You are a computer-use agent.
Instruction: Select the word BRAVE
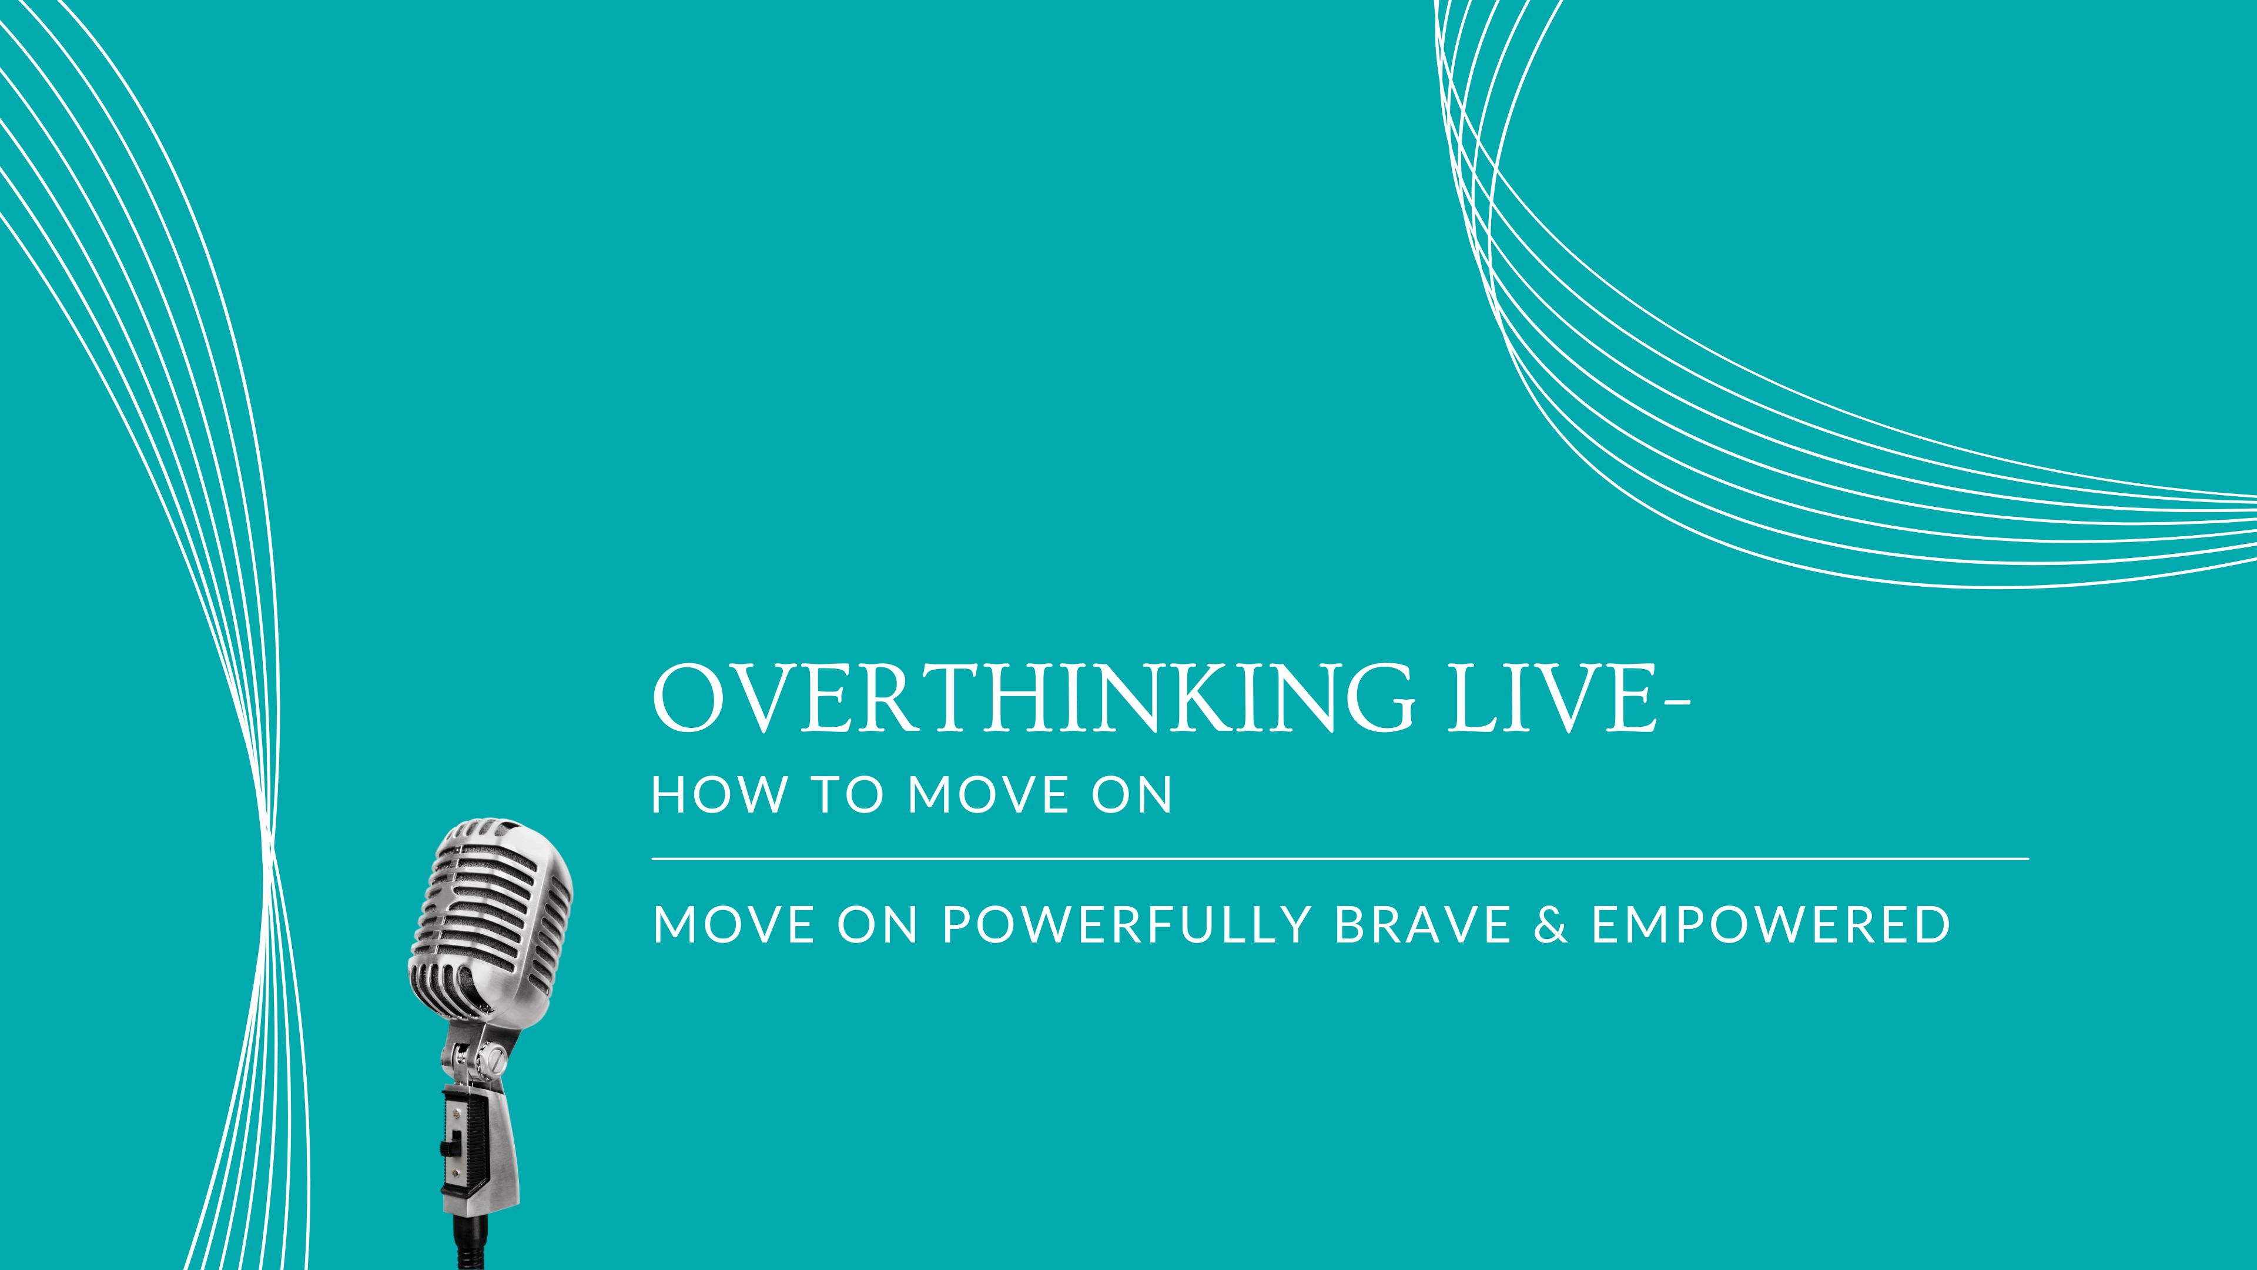pos(1423,925)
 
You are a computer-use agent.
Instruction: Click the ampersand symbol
pos(1551,925)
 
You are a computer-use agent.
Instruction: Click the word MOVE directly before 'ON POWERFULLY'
pos(734,925)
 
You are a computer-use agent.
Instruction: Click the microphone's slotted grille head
pos(491,911)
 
